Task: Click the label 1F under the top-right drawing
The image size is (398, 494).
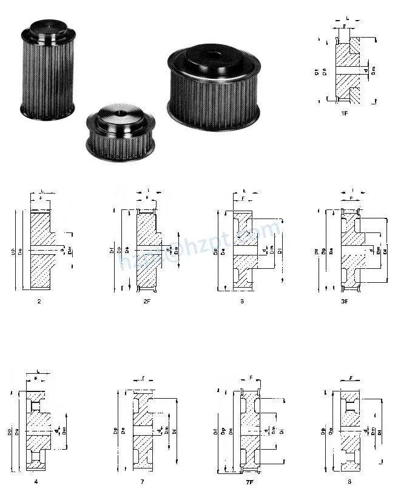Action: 344,112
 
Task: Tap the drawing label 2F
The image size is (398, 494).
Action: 146,300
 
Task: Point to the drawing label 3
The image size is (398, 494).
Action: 242,300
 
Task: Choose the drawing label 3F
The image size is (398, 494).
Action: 345,300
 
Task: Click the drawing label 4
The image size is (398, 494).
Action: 36,481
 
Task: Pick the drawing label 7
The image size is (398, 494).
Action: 142,481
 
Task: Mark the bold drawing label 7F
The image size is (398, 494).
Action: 249,482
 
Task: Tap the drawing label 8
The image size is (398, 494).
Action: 349,481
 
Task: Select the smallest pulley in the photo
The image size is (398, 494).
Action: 120,130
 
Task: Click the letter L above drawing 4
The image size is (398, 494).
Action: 38,370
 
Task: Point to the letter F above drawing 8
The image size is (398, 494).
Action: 351,378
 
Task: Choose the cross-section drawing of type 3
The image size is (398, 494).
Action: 243,249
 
